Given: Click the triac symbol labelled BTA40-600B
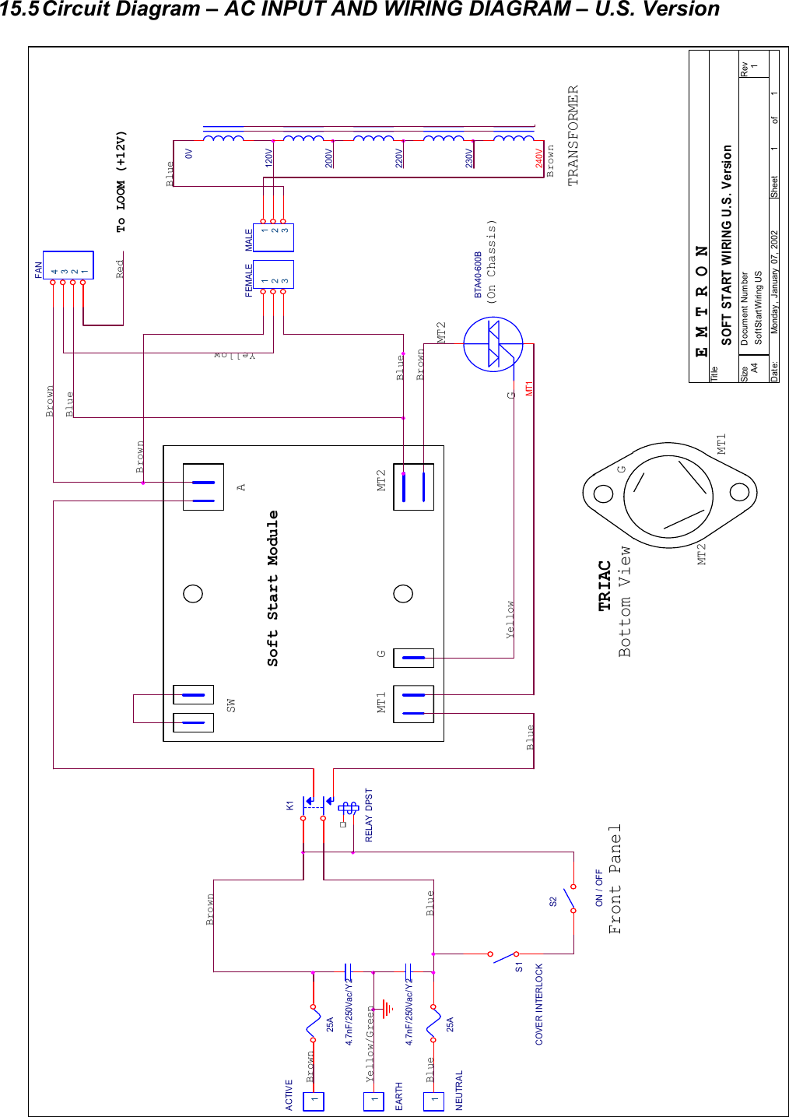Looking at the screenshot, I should pos(493,344).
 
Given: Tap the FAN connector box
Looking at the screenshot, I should pos(68,265).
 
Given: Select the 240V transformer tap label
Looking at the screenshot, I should pos(539,159).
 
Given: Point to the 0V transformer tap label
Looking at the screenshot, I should pos(188,154).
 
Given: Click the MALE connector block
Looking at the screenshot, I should pos(274,237).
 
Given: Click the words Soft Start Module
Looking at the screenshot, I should pos(273,588).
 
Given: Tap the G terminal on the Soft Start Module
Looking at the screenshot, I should pos(413,658).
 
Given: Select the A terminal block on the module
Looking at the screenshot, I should pos(203,487).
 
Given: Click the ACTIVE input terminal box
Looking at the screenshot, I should pos(314,1101).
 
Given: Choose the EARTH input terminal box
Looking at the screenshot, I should pos(373,1101).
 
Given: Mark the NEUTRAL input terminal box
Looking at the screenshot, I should pos(433,1101).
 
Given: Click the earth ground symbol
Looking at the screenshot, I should pos(386,1010).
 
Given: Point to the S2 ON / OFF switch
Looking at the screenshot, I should pos(570,901).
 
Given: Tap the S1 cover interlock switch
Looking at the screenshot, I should pos(503,956).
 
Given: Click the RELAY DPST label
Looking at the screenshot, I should pos(369,815).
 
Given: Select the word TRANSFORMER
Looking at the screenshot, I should pos(573,135).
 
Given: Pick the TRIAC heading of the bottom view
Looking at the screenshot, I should pos(605,585).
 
